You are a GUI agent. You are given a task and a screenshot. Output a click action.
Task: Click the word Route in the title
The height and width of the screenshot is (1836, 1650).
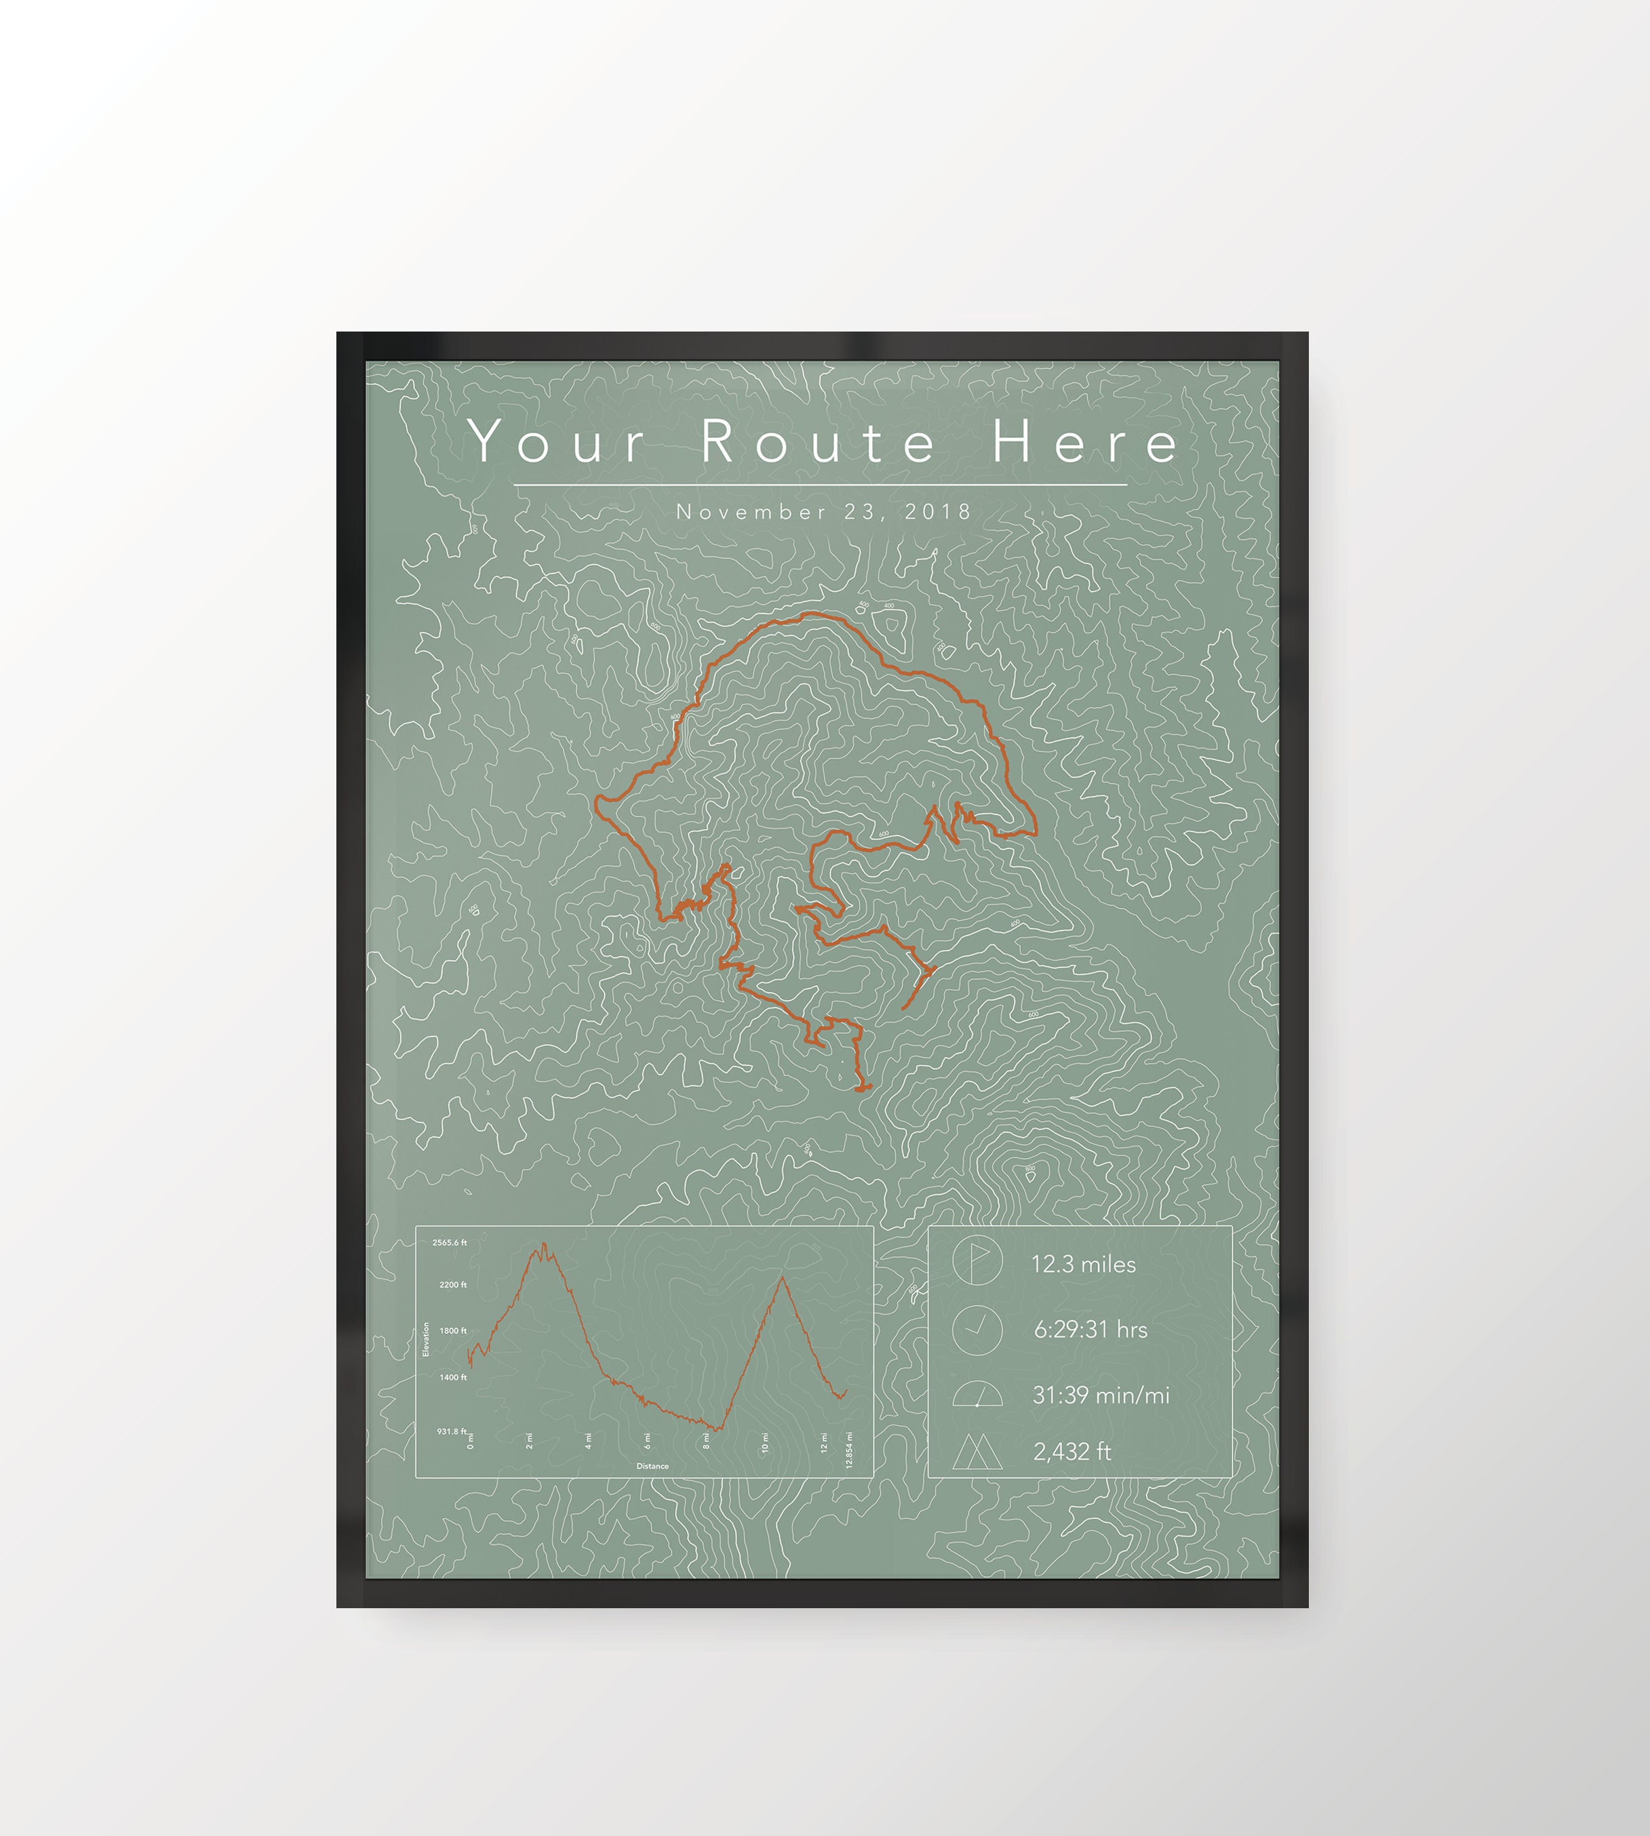pyautogui.click(x=818, y=441)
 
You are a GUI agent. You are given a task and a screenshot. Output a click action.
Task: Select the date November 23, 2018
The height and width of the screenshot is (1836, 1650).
pyautogui.click(x=823, y=512)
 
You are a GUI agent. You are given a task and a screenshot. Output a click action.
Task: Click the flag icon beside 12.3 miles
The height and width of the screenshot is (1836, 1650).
pyautogui.click(x=977, y=1262)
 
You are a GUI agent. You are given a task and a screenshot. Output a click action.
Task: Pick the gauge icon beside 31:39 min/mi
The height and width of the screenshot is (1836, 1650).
pyautogui.click(x=977, y=1395)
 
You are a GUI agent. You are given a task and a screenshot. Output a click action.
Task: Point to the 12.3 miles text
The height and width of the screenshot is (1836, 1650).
pyautogui.click(x=1083, y=1264)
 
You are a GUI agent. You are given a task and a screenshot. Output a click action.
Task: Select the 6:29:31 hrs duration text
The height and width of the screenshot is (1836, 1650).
pyautogui.click(x=1091, y=1330)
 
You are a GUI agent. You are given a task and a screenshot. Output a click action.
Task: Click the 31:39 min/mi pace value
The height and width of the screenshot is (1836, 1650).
pyautogui.click(x=1101, y=1395)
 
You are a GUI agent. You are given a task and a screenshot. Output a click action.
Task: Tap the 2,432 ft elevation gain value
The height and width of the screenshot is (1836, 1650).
pyautogui.click(x=1072, y=1452)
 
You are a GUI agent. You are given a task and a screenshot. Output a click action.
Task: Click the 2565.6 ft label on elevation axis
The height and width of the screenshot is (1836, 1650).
pyautogui.click(x=450, y=1243)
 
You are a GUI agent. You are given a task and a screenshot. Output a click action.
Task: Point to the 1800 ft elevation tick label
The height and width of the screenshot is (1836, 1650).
pyautogui.click(x=452, y=1330)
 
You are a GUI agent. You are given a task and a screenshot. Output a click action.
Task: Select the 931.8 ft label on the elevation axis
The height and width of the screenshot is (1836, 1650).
pyautogui.click(x=452, y=1431)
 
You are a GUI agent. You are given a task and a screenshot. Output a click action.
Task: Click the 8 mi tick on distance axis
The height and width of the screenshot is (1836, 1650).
pyautogui.click(x=706, y=1443)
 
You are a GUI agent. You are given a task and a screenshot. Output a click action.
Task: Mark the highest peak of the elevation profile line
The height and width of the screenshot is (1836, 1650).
pyautogui.click(x=544, y=1243)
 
